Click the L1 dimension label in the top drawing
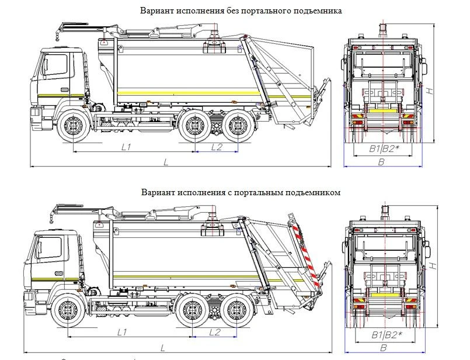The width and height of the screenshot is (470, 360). [126, 147]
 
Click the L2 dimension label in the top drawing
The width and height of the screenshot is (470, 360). [216, 147]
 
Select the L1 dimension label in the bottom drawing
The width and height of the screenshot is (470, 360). [123, 332]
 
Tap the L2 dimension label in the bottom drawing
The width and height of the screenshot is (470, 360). [214, 332]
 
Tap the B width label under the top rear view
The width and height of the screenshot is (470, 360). [381, 162]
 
